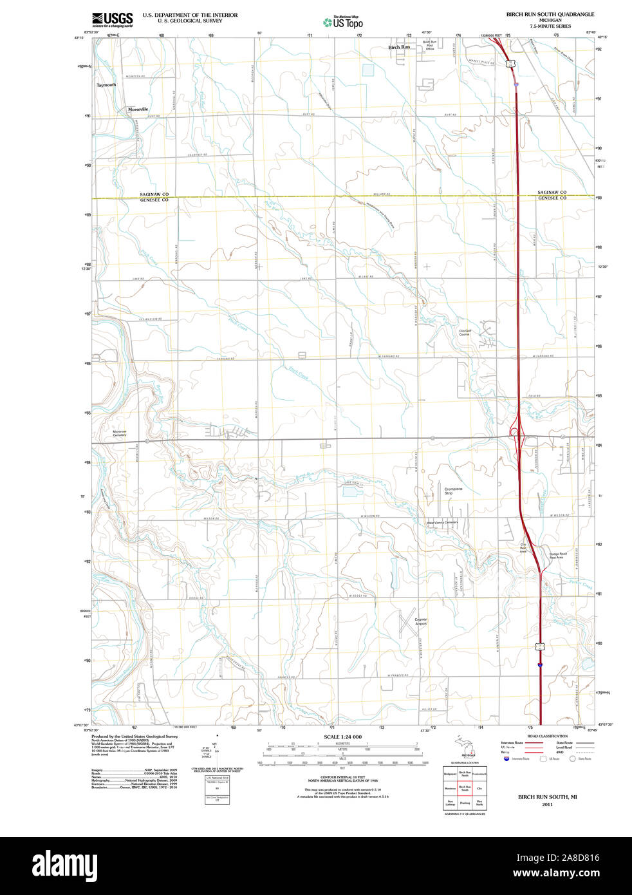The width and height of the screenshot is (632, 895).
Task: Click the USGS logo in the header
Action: click(113, 19)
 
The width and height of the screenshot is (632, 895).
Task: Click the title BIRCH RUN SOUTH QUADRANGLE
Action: click(550, 14)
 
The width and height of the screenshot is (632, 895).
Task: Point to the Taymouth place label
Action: click(107, 85)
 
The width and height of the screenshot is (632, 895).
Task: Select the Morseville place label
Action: click(138, 109)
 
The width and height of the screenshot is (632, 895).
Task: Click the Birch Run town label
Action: click(399, 47)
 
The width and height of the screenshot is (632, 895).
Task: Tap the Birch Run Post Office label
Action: click(429, 45)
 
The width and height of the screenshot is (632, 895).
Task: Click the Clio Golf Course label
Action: click(465, 333)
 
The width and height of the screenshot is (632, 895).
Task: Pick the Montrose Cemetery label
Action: click(120, 433)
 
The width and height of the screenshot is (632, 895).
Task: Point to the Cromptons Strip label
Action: click(453, 491)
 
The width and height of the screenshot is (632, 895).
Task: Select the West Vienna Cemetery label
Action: click(442, 522)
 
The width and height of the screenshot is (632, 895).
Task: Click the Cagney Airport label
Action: click(421, 621)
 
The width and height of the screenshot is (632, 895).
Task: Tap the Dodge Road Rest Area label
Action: click(557, 555)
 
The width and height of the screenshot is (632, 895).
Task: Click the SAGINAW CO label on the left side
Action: click(154, 194)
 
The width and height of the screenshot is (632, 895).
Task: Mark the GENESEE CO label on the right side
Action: click(552, 198)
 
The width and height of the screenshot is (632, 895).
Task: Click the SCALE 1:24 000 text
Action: click(342, 737)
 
